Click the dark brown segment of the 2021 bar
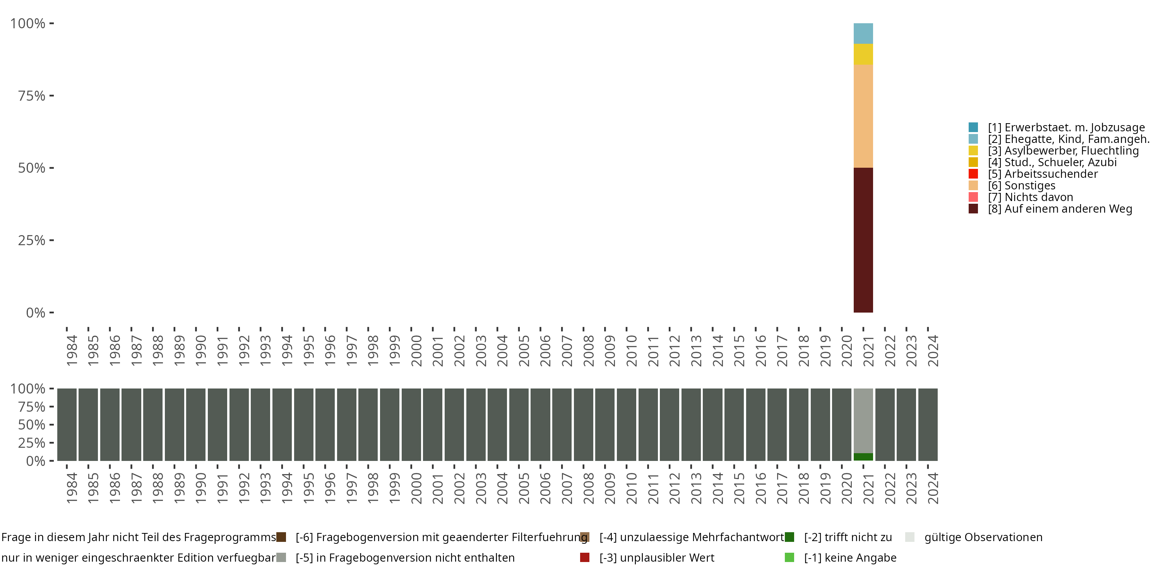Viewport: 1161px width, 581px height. [x=863, y=240]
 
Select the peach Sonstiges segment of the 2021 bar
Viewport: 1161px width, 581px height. [x=863, y=116]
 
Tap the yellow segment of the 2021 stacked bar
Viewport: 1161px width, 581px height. [x=863, y=55]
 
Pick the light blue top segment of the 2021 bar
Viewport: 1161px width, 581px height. [x=863, y=33]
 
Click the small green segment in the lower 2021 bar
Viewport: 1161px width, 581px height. [x=863, y=457]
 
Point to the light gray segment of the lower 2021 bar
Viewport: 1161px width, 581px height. [x=863, y=420]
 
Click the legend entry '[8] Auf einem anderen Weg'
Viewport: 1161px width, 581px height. [x=1060, y=209]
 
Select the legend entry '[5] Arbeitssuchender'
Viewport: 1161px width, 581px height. [x=1043, y=174]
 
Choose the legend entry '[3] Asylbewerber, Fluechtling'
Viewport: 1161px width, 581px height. [x=1063, y=151]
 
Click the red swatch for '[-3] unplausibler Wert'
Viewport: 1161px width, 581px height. [x=584, y=557]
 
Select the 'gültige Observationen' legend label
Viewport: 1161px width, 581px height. [x=983, y=537]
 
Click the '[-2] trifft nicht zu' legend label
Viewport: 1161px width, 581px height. [x=848, y=537]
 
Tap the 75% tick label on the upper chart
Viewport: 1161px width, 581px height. [x=32, y=96]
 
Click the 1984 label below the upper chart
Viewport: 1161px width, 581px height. [x=72, y=351]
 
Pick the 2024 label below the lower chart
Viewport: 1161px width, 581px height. [x=933, y=488]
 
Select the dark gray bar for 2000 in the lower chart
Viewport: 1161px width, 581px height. [x=411, y=425]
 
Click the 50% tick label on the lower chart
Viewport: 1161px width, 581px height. [x=32, y=425]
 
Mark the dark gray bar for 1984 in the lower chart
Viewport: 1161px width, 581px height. [x=67, y=425]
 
